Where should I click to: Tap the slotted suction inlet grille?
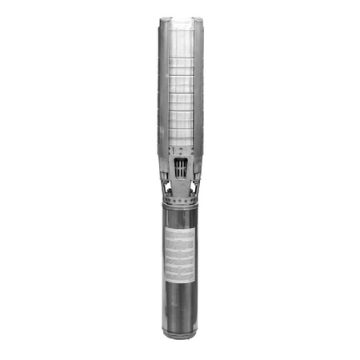click(x=180, y=168)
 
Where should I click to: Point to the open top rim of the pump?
click(x=180, y=18)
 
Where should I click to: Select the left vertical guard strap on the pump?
click(x=163, y=88)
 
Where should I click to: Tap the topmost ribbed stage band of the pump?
click(x=180, y=60)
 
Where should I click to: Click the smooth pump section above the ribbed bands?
click(x=180, y=36)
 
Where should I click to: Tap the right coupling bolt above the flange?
click(x=193, y=190)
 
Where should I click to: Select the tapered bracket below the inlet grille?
click(x=180, y=186)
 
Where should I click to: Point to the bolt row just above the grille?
click(x=180, y=150)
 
